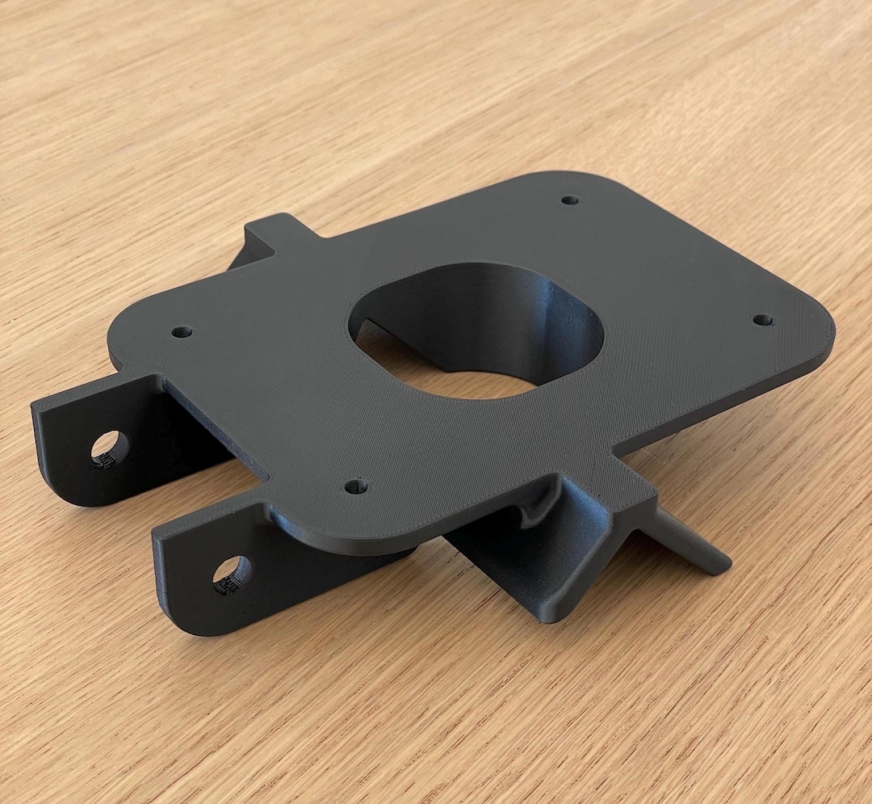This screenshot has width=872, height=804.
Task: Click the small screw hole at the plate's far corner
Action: tap(570, 200)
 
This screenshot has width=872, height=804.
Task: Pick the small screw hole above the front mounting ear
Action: tap(356, 486)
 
